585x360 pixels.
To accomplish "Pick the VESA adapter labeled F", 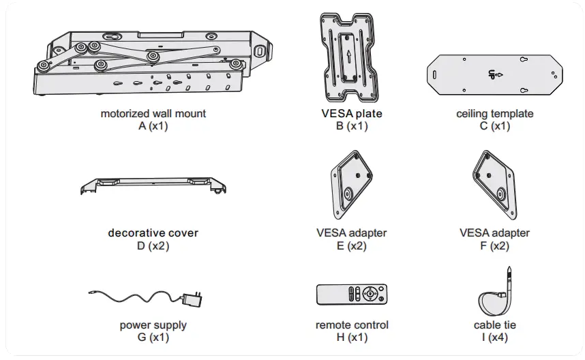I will pyautogui.click(x=494, y=181).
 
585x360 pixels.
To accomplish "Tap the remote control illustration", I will pyautogui.click(x=352, y=295).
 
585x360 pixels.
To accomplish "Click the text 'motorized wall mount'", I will pyautogui.click(x=153, y=114).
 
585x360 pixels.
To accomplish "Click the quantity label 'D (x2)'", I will pyautogui.click(x=153, y=245).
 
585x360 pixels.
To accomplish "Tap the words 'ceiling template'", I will pyautogui.click(x=494, y=114).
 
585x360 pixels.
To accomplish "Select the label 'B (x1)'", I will pyautogui.click(x=352, y=125).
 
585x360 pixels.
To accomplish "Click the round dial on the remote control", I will pyautogui.click(x=369, y=295).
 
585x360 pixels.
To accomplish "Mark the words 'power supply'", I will pyautogui.click(x=153, y=325).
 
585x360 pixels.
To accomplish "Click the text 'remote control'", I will pyautogui.click(x=352, y=325).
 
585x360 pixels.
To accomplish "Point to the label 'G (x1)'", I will pyautogui.click(x=153, y=337).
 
